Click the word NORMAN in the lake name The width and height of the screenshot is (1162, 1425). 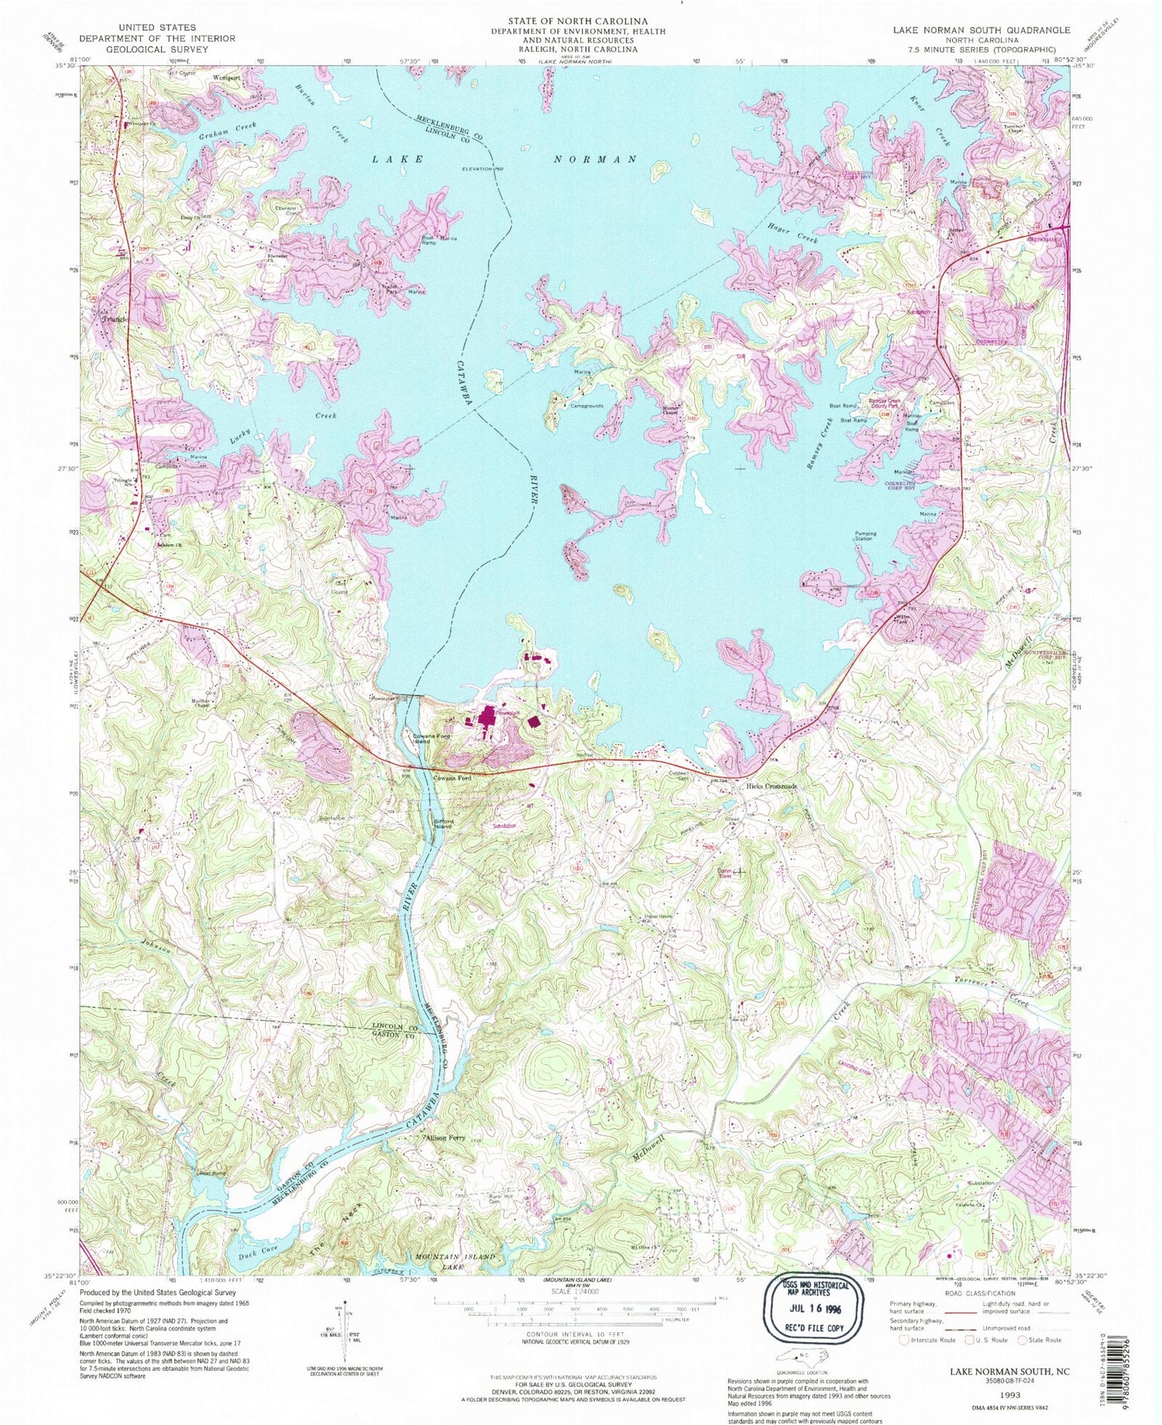(594, 160)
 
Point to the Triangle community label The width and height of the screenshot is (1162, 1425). (108, 318)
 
